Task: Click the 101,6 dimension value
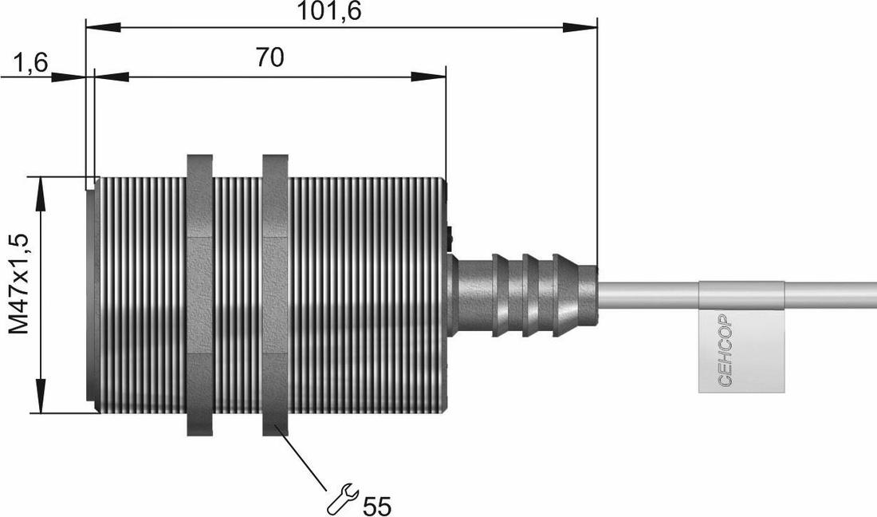(328, 11)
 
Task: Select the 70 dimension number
(270, 57)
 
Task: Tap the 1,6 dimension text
(31, 63)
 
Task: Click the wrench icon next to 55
(342, 499)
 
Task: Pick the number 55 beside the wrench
(377, 506)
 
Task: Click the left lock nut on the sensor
(199, 295)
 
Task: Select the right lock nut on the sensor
(275, 295)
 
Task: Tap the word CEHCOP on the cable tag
(725, 349)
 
